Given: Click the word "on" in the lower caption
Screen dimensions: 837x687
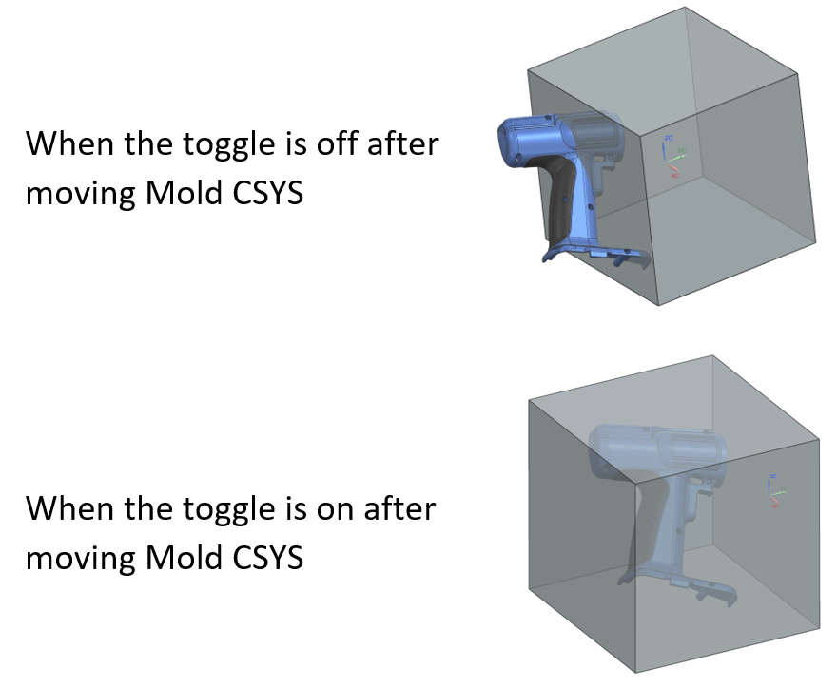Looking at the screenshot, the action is coord(337,508).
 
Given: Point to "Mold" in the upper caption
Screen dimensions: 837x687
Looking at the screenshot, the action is coord(184,192).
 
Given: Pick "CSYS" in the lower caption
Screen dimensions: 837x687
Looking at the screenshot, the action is coord(268,558).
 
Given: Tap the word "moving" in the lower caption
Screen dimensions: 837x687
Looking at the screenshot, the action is coord(81,560).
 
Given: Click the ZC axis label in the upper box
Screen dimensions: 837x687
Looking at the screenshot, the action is coord(669,138).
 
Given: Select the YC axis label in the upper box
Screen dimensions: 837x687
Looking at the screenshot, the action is coord(682,151).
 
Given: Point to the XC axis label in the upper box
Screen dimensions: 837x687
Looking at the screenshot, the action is coord(675,175).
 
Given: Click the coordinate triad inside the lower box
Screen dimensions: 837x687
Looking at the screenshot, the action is coord(775,490).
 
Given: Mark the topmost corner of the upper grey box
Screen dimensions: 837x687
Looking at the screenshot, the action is coord(685,7).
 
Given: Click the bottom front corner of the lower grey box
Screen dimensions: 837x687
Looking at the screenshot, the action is coord(636,672).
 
